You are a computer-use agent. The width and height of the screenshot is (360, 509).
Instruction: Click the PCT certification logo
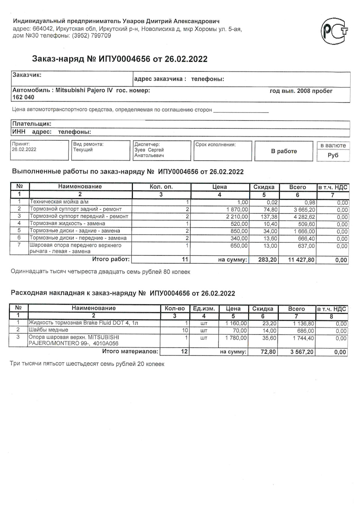click(x=334, y=31)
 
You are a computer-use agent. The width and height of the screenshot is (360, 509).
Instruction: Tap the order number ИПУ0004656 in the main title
click(x=124, y=59)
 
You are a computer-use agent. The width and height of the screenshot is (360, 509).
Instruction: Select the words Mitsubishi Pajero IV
click(x=84, y=90)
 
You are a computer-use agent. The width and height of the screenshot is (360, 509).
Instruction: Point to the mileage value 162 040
click(x=23, y=97)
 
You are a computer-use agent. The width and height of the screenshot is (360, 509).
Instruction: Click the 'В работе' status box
click(x=284, y=151)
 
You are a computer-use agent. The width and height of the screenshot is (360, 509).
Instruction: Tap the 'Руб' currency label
click(x=333, y=155)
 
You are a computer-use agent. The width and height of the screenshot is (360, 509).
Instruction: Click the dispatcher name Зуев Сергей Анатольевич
click(x=149, y=153)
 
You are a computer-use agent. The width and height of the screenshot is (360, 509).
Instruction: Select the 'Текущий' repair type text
click(x=83, y=150)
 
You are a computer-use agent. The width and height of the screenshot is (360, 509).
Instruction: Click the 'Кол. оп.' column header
click(x=161, y=187)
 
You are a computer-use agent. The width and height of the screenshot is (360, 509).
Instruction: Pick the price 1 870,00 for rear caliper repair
click(x=237, y=210)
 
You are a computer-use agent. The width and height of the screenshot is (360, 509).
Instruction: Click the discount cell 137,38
click(x=269, y=217)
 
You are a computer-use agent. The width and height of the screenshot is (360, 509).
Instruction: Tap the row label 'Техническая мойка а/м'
click(x=59, y=202)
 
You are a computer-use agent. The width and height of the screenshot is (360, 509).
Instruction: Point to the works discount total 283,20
click(x=267, y=260)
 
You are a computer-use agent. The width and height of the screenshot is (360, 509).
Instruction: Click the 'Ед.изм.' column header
click(x=204, y=308)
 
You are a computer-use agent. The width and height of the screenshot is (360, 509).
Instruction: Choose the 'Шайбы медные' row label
click(x=48, y=330)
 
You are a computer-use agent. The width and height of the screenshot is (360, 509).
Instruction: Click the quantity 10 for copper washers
click(x=184, y=331)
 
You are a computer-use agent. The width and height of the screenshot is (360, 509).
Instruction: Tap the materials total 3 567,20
click(x=300, y=352)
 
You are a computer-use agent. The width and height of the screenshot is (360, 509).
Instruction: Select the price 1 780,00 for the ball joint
click(x=236, y=338)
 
